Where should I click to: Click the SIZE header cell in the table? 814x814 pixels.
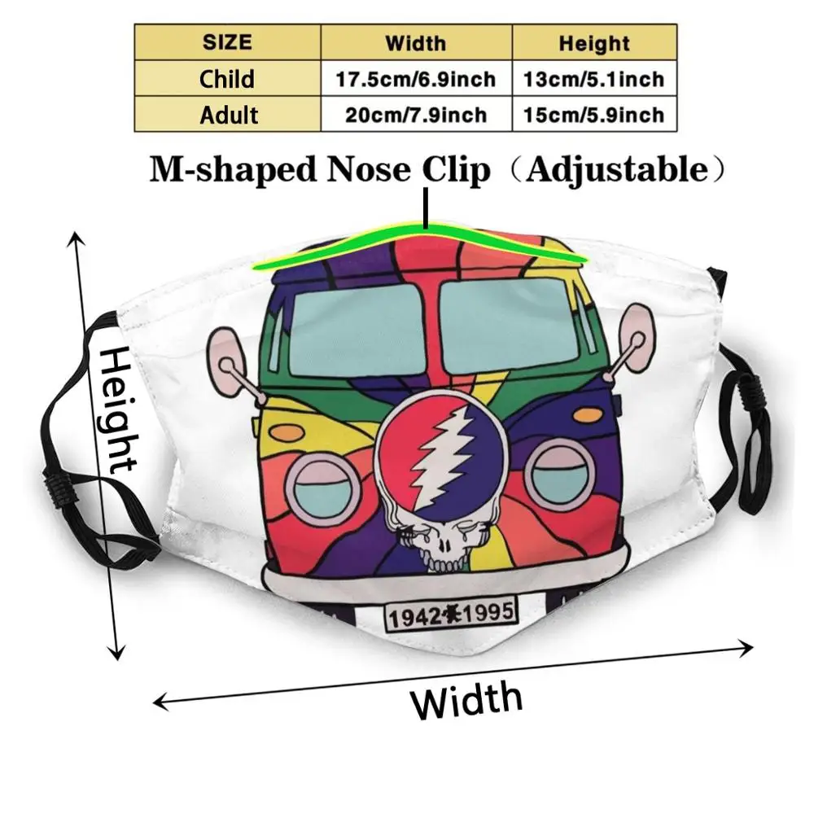pos(227,42)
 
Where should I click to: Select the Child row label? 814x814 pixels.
pos(227,79)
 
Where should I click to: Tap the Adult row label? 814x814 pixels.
pos(227,115)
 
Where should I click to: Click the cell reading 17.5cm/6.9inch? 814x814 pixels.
pos(416,79)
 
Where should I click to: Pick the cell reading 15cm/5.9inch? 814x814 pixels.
pos(594,115)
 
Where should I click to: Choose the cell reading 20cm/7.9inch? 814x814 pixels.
pos(416,115)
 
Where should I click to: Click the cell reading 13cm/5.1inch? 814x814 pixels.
pos(594,79)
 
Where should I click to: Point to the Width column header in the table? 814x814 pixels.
pos(416,42)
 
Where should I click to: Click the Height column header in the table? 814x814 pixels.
pos(594,42)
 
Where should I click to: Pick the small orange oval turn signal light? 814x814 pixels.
pos(586,416)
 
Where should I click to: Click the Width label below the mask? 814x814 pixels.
pos(467,699)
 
